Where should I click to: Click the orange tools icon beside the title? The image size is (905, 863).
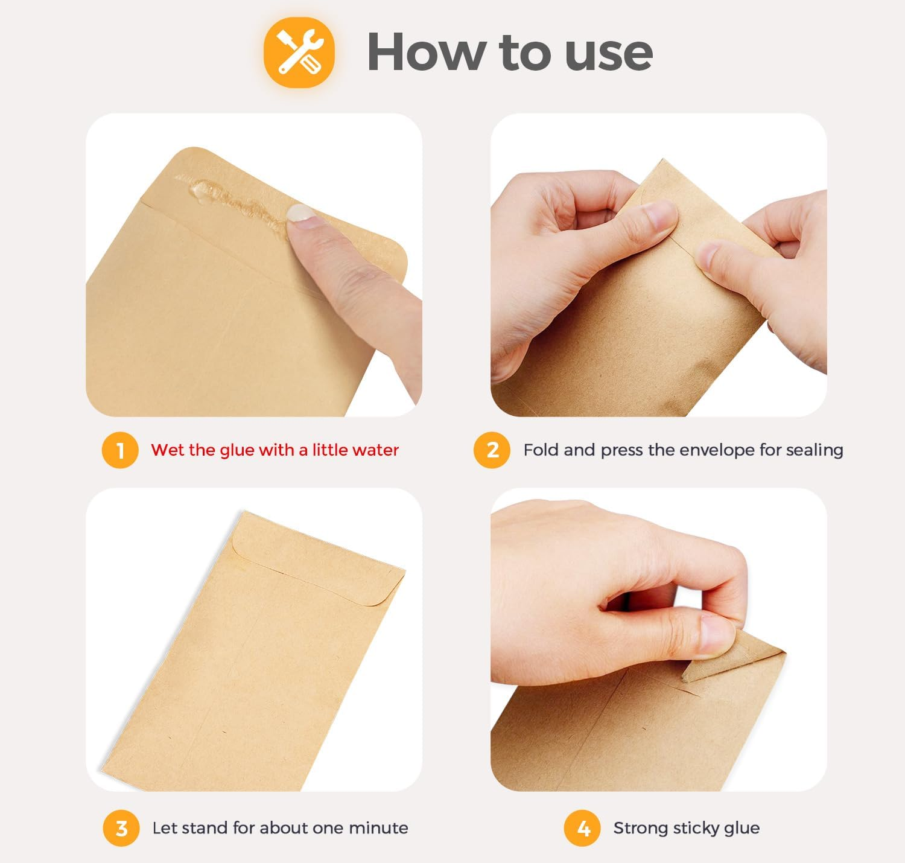tap(299, 53)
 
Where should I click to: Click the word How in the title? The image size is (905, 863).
tap(425, 52)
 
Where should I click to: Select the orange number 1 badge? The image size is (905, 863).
tap(120, 450)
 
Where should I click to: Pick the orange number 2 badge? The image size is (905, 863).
tap(492, 450)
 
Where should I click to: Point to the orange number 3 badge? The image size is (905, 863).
tap(121, 828)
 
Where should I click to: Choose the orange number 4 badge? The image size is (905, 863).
tap(583, 828)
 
